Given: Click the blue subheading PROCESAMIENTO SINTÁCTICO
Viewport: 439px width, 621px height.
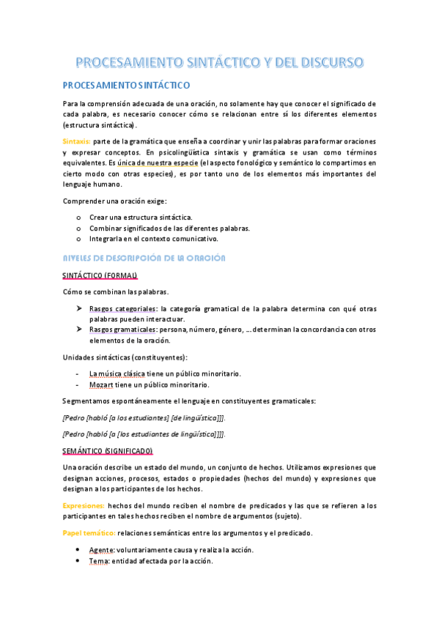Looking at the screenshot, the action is pyautogui.click(x=125, y=86).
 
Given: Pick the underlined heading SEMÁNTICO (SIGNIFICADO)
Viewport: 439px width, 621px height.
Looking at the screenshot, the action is pyautogui.click(x=108, y=450).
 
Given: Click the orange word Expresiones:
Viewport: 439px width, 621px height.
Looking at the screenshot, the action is pyautogui.click(x=84, y=505).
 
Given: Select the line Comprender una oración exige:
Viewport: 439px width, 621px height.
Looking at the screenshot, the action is pyautogui.click(x=115, y=201).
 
